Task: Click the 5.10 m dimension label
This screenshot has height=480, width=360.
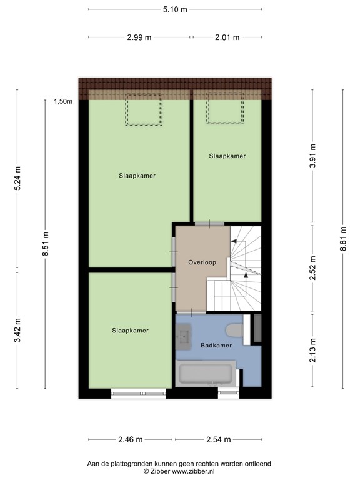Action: (175, 9)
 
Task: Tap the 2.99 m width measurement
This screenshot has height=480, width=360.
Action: (139, 37)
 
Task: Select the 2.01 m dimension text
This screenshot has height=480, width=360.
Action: (227, 37)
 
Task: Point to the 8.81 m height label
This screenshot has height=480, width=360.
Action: (343, 239)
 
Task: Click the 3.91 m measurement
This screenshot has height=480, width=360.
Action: (312, 156)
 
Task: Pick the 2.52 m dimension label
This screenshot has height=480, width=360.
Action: (312, 268)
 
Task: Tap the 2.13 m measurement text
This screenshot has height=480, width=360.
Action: (312, 351)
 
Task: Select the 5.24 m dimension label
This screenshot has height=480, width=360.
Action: (17, 178)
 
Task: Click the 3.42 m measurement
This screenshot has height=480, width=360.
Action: (17, 331)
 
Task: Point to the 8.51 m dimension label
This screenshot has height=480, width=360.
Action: (45, 244)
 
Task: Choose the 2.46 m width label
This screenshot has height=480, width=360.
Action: (131, 439)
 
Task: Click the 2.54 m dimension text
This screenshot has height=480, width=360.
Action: (218, 439)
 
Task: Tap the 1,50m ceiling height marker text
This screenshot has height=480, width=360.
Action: (63, 101)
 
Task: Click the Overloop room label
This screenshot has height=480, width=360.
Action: (202, 262)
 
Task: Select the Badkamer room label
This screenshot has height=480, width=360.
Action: (216, 345)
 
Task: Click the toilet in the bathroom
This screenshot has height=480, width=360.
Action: (234, 330)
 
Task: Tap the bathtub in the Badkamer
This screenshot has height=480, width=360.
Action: (206, 374)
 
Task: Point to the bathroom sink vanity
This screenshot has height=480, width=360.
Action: (184, 336)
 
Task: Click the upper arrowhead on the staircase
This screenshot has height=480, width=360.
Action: (234, 241)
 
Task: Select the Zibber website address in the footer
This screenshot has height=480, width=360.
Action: (193, 471)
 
